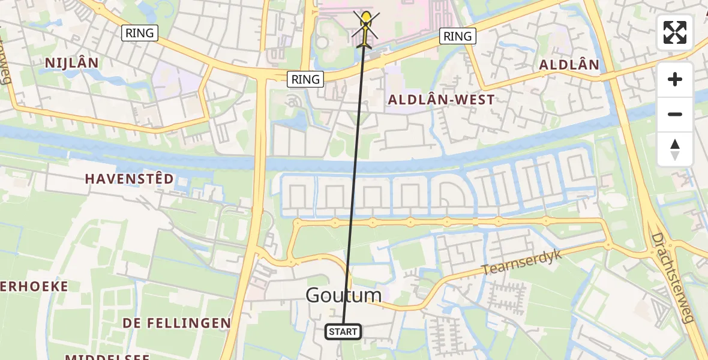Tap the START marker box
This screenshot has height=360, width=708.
tap(343, 331)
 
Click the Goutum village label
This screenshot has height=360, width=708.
tap(343, 295)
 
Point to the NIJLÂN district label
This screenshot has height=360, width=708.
tap(72, 63)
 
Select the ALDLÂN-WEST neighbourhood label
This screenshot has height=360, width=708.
tap(442, 100)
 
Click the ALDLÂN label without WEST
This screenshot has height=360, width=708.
tap(569, 65)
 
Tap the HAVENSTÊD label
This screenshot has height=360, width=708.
tap(129, 179)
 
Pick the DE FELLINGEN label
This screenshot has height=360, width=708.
tap(177, 323)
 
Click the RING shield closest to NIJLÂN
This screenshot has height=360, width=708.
tap(140, 33)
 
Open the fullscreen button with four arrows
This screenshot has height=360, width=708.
tap(675, 32)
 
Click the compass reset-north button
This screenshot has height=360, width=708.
tap(675, 149)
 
